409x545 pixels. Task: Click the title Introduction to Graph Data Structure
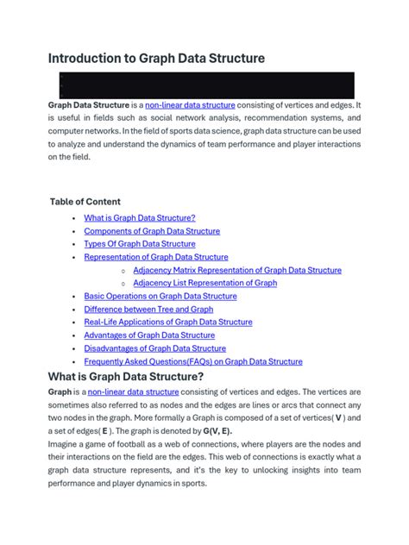(x=156, y=59)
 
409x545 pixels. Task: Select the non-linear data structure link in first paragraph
(x=190, y=105)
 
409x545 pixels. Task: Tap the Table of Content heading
(x=85, y=202)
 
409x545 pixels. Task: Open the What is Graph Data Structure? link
(x=139, y=218)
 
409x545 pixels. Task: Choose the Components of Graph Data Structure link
(x=151, y=231)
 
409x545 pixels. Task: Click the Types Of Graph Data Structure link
(x=139, y=244)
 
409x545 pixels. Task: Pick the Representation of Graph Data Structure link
(x=155, y=257)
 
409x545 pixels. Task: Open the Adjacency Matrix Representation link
(x=237, y=270)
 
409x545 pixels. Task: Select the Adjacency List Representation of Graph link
(x=204, y=283)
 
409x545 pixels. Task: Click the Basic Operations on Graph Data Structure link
(x=160, y=296)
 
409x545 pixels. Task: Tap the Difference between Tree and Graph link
(x=148, y=309)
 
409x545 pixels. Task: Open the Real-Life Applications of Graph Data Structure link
(x=167, y=322)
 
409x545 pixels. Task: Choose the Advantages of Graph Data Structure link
(x=148, y=335)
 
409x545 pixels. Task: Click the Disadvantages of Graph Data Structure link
(x=154, y=348)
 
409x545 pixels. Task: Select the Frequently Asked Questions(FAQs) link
(x=192, y=361)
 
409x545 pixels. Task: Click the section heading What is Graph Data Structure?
(x=126, y=377)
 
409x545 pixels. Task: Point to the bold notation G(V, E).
(x=217, y=431)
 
